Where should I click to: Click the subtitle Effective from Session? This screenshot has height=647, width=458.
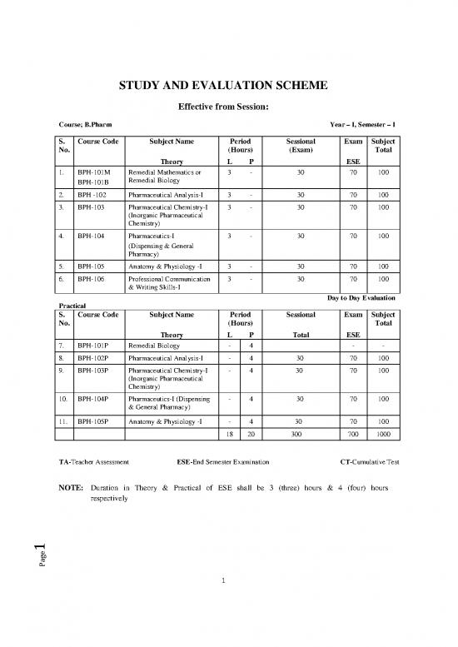228,107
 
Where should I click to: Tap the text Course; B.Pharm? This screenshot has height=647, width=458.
79,125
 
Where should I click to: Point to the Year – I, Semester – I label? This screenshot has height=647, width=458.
363,125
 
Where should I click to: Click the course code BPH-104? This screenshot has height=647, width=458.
90,236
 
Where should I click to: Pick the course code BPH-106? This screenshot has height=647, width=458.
90,280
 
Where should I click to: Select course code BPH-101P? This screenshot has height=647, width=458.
92,343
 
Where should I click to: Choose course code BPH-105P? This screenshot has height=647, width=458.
92,422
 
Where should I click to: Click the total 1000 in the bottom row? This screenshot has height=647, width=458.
383,435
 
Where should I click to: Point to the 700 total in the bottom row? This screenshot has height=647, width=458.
353,435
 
